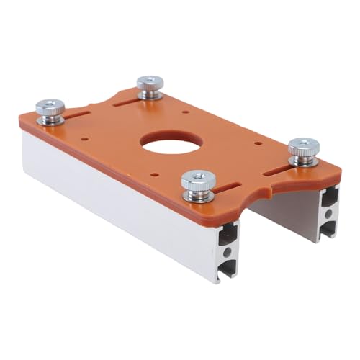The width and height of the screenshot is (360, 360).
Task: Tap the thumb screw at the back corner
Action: pyautogui.click(x=148, y=85)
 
